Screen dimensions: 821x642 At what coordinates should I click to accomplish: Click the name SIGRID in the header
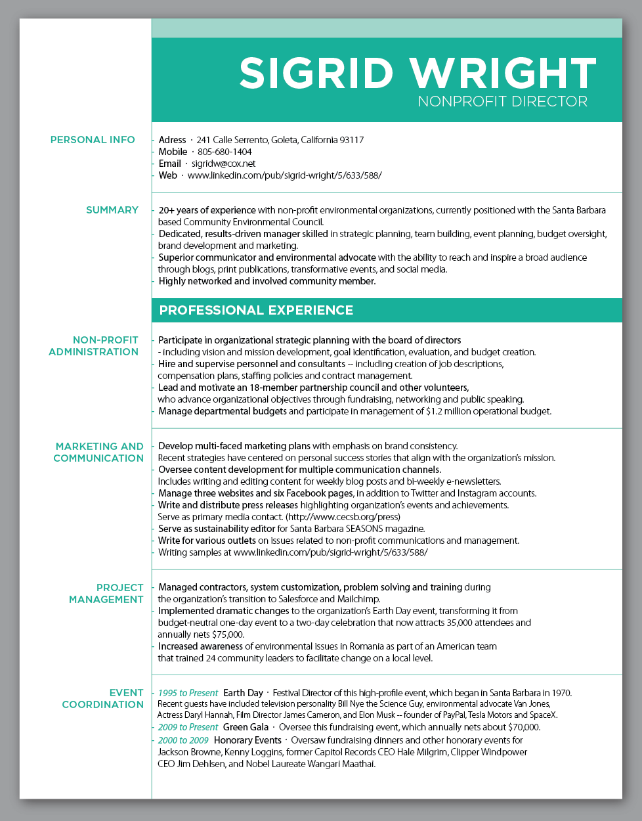[x=316, y=73]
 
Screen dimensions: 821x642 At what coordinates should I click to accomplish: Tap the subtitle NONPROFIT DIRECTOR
[x=502, y=101]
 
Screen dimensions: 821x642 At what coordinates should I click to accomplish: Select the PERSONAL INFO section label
[x=93, y=140]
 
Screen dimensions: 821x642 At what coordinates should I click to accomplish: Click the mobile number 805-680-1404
[x=225, y=152]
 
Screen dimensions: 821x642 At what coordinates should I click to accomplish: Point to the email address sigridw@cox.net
[x=223, y=164]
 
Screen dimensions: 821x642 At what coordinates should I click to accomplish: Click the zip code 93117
[x=351, y=140]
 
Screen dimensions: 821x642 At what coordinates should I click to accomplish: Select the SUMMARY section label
[x=112, y=210]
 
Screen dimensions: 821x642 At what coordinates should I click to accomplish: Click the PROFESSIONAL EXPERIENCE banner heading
[x=256, y=310]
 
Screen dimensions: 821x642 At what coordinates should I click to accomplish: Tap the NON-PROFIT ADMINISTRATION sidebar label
[x=94, y=346]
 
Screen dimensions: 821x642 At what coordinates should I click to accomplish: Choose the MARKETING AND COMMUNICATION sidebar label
[x=98, y=453]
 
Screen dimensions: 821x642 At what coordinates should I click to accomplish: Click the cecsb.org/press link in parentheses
[x=343, y=517]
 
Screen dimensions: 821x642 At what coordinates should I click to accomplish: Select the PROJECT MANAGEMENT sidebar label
[x=106, y=594]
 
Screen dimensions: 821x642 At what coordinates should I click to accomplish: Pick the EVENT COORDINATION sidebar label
[x=103, y=699]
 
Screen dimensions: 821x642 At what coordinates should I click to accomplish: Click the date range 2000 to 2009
[x=183, y=740]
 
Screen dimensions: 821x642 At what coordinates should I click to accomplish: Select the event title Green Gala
[x=246, y=727]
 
